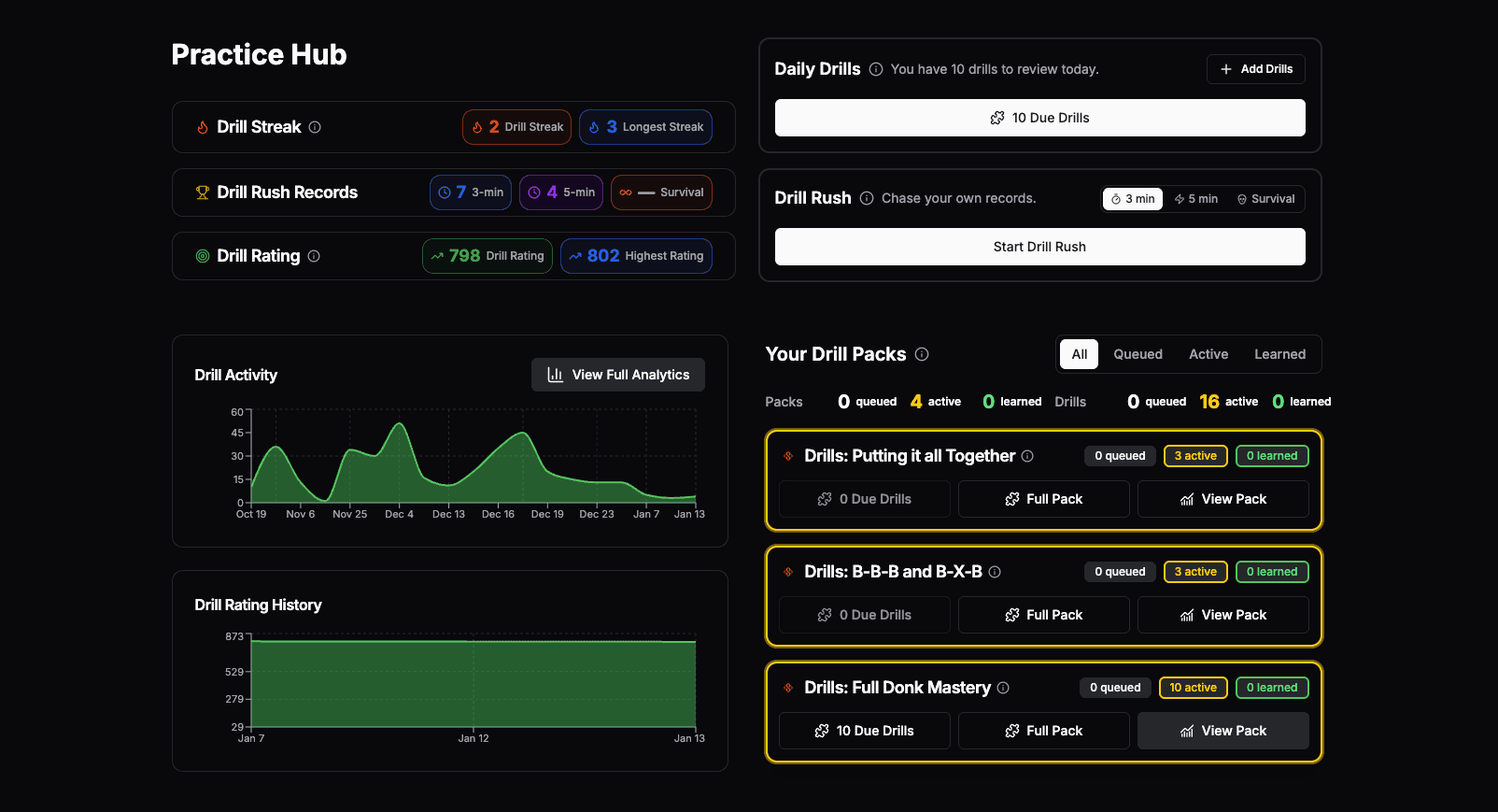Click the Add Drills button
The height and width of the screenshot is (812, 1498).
tap(1256, 69)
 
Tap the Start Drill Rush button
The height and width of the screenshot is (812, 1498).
tap(1039, 247)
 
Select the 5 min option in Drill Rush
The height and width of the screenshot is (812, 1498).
tap(1196, 199)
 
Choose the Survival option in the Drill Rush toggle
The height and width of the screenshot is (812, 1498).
tap(1265, 199)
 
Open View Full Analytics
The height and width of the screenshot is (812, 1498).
tap(618, 375)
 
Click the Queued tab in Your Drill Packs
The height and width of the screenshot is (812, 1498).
tap(1138, 354)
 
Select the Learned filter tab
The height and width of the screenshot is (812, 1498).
tap(1279, 354)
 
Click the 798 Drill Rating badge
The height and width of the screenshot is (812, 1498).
tap(488, 256)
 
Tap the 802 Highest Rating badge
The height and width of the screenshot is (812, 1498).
tap(636, 256)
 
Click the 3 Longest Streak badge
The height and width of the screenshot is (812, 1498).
tap(645, 127)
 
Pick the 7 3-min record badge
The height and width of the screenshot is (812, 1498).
tap(471, 192)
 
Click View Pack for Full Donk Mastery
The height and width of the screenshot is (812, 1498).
tap(1222, 731)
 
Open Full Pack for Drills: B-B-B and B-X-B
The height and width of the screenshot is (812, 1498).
tap(1043, 615)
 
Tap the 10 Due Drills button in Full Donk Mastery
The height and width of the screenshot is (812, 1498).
tap(864, 731)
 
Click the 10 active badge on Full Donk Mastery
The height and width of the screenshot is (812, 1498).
tap(1193, 688)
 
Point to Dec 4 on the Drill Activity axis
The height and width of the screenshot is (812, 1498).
tap(399, 514)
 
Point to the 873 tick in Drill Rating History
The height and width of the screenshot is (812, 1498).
tap(234, 636)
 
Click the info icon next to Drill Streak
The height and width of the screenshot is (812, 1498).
tap(315, 127)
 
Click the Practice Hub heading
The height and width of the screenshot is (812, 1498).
tap(259, 55)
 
